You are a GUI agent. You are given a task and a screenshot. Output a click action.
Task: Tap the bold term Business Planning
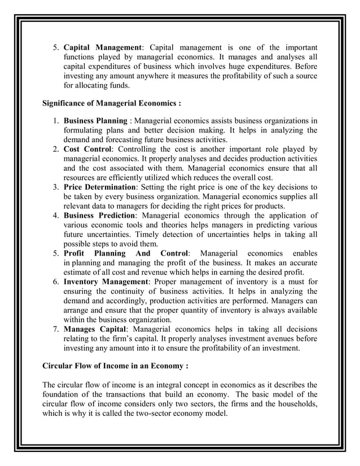click(x=95, y=120)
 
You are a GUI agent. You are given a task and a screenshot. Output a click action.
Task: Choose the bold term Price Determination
click(x=100, y=186)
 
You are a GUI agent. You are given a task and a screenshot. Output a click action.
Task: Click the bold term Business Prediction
click(x=99, y=215)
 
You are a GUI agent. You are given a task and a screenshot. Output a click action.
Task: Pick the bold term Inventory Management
click(x=105, y=280)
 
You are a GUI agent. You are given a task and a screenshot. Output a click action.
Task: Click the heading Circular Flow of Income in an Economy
click(x=115, y=366)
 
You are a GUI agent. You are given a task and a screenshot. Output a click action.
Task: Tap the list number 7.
click(x=56, y=328)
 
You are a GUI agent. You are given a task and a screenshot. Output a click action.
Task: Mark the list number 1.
click(x=56, y=120)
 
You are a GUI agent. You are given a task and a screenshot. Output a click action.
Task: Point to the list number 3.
click(x=56, y=186)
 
